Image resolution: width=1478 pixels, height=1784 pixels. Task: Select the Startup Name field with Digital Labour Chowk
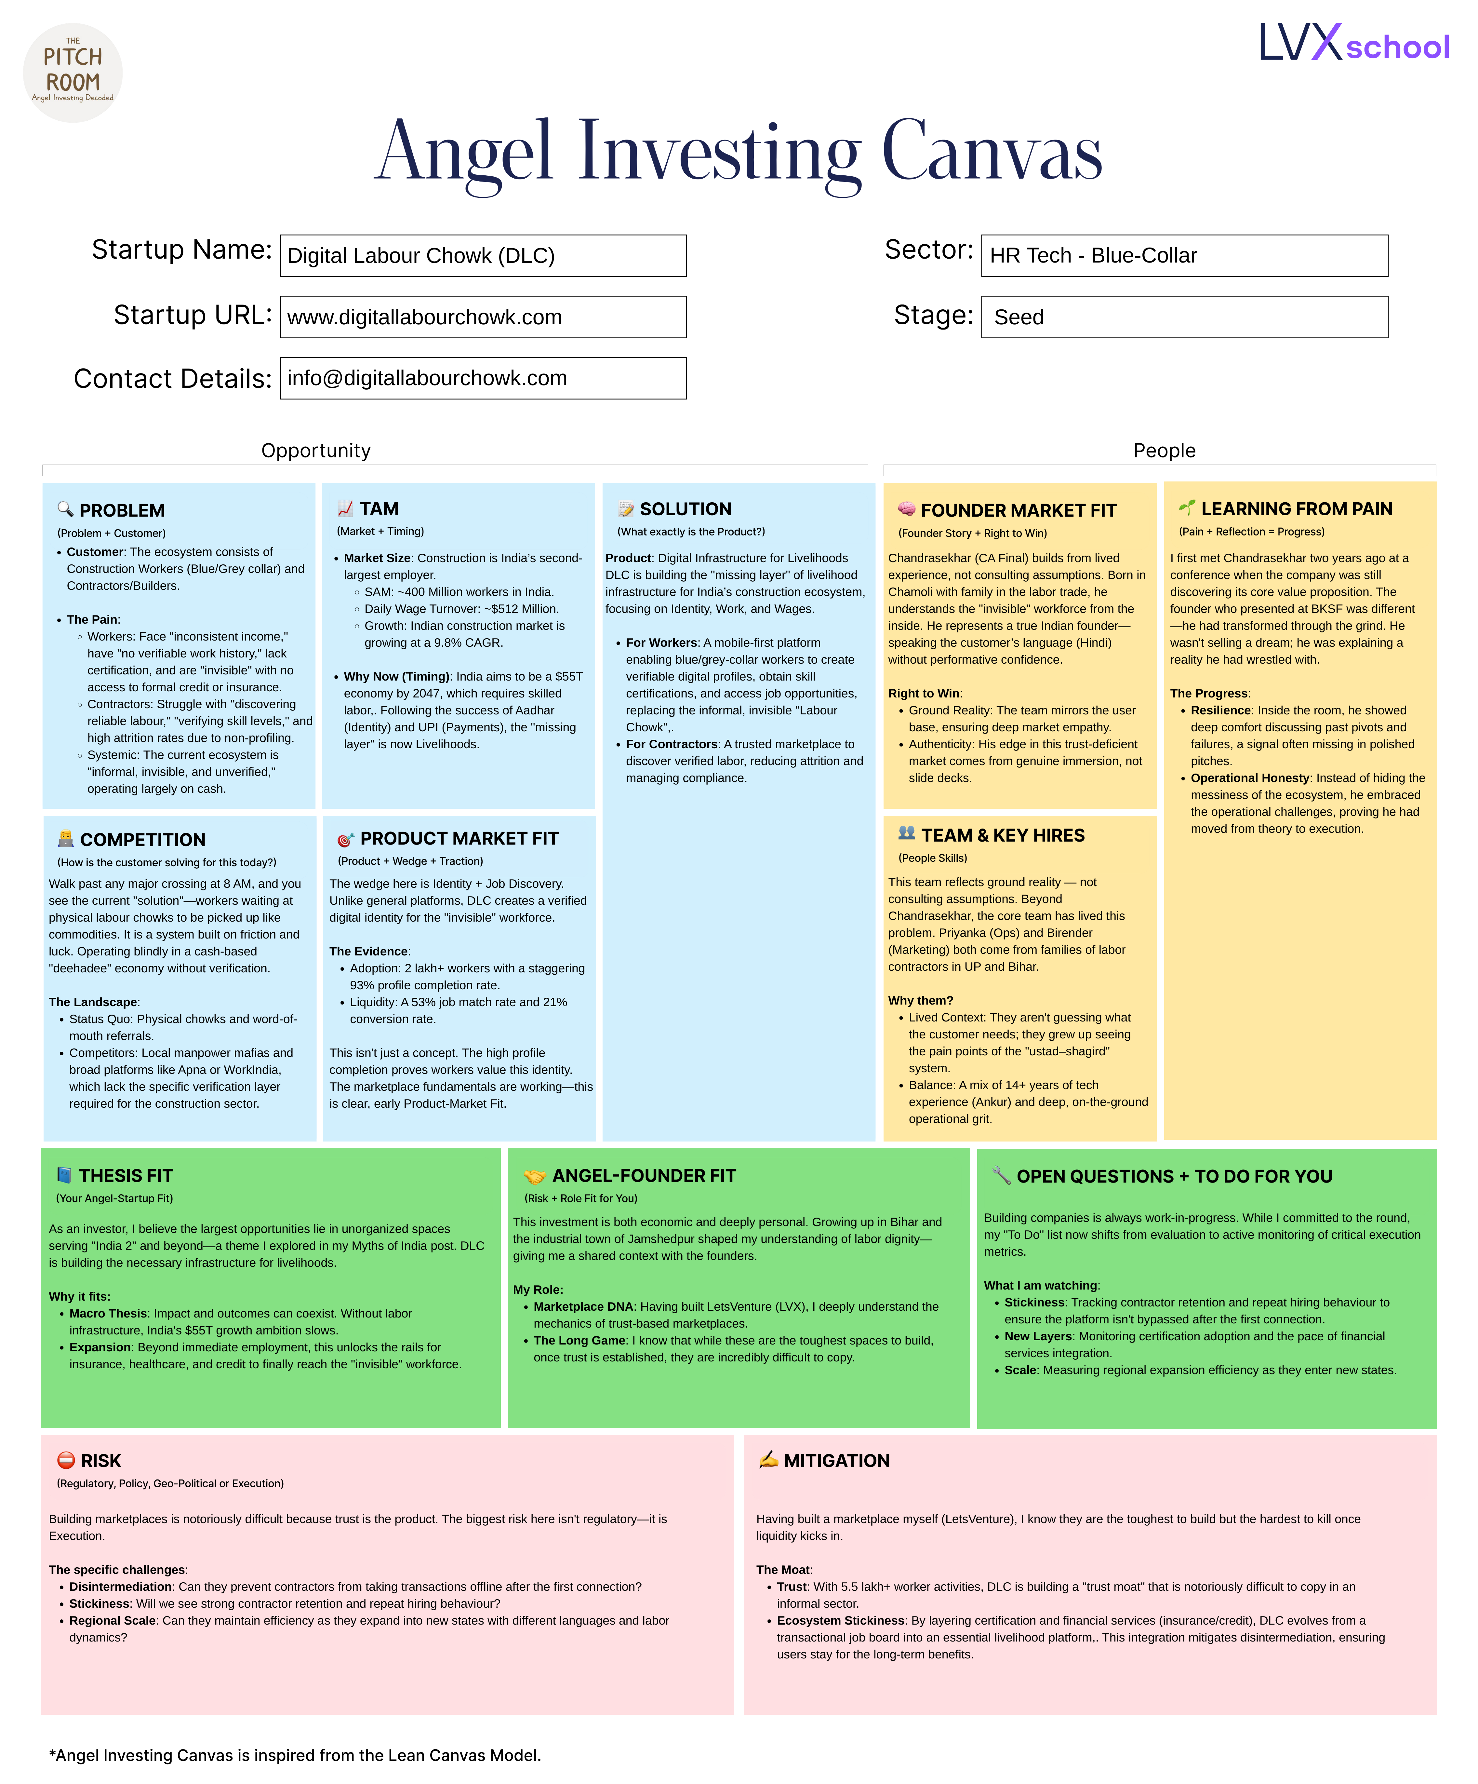pos(483,256)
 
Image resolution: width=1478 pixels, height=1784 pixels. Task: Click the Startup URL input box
pos(483,317)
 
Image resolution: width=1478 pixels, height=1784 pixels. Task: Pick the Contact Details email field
pos(483,378)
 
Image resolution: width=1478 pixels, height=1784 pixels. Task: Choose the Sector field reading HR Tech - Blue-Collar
pos(1184,256)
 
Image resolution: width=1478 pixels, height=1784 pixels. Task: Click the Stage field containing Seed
pos(1184,317)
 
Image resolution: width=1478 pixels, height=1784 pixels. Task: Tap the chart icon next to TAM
pos(345,508)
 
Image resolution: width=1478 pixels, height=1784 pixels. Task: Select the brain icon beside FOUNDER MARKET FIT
pos(906,509)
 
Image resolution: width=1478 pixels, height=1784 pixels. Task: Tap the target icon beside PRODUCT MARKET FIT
pos(345,839)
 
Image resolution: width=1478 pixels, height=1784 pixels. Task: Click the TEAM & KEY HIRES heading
pos(1002,835)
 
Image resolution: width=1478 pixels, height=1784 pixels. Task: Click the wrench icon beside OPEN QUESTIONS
pos(1002,1176)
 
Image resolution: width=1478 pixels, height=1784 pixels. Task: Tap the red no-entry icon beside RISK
pos(65,1460)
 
